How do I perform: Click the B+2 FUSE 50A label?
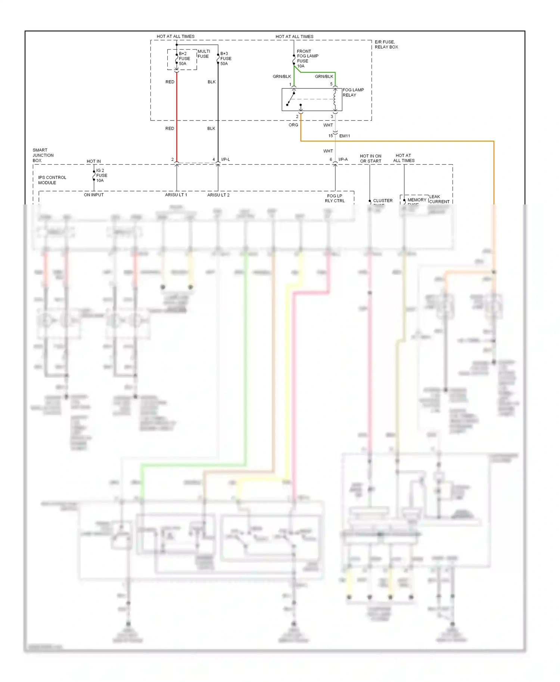click(x=184, y=59)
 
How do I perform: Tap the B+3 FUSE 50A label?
click(x=225, y=59)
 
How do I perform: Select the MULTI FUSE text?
click(x=203, y=54)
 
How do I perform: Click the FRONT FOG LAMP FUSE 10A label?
click(x=307, y=59)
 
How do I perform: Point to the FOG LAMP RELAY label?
click(x=353, y=93)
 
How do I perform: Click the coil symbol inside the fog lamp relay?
click(x=335, y=100)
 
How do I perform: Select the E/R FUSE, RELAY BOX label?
click(x=386, y=44)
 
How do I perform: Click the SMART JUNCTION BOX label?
click(x=43, y=155)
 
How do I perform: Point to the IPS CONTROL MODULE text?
click(x=52, y=180)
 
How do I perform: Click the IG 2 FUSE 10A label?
click(x=102, y=175)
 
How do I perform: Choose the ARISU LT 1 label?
click(x=176, y=195)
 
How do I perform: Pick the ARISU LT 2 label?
click(x=218, y=195)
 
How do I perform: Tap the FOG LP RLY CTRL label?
click(x=335, y=198)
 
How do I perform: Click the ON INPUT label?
click(x=94, y=195)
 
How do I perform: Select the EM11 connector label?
click(x=345, y=136)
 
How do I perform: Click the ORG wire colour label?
click(x=293, y=125)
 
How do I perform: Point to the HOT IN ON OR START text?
click(x=370, y=159)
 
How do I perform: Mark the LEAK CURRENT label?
click(x=439, y=199)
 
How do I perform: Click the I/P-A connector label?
click(x=343, y=160)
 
